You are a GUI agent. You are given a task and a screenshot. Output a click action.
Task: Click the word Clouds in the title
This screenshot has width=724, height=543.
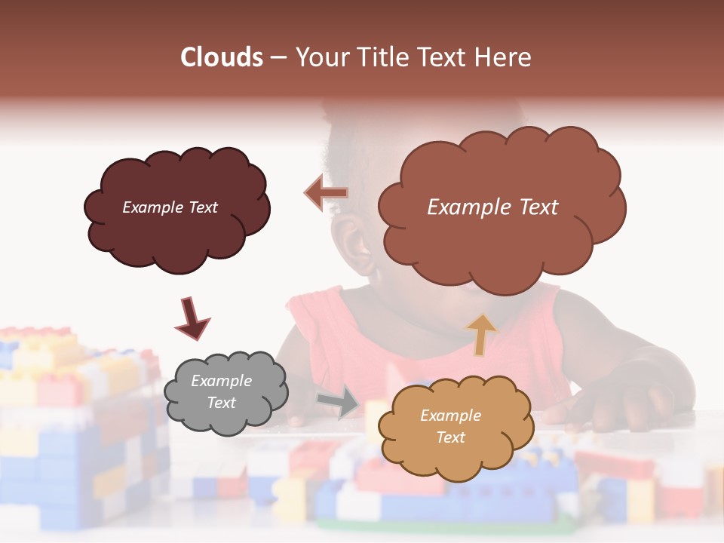coord(222,57)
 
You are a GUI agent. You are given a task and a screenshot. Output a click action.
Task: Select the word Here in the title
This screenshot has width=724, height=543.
coord(504,57)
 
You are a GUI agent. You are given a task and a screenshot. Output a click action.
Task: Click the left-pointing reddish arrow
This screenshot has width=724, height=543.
coord(326,193)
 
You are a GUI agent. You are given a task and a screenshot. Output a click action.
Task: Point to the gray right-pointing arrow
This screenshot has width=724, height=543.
coord(339,400)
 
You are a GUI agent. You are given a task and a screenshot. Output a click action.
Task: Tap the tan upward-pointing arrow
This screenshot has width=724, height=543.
coord(481,334)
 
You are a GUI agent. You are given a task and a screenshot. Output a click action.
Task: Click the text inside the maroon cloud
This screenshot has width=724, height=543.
coord(170,207)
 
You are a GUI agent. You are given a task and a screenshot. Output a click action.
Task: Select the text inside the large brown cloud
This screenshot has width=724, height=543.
coord(492,207)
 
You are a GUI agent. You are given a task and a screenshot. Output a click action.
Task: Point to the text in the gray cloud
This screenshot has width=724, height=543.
coord(222,391)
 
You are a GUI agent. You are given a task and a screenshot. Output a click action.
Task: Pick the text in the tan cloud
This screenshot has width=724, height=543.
coord(451,426)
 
